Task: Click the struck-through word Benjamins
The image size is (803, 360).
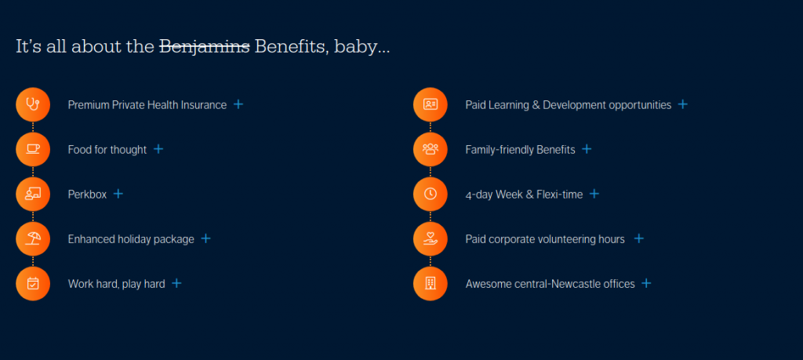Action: (x=205, y=46)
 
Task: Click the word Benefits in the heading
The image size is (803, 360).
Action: (x=290, y=46)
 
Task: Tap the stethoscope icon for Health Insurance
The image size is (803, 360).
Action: (x=33, y=104)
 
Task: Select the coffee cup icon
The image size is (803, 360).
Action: (x=33, y=149)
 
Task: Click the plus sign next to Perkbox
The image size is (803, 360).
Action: (x=118, y=194)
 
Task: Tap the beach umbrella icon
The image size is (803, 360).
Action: (x=33, y=238)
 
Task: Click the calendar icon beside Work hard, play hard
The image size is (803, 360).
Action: (x=33, y=284)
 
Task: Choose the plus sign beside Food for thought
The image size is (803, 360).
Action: (x=158, y=149)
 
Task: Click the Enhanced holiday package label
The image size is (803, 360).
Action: (x=131, y=239)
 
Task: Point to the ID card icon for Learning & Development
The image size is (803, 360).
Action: (x=431, y=104)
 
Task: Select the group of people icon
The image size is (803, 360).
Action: (x=431, y=149)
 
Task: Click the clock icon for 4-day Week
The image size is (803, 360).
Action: (x=431, y=194)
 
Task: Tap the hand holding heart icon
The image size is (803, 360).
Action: (x=431, y=238)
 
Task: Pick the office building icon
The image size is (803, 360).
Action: (x=431, y=284)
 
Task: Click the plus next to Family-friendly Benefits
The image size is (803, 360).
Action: (x=587, y=149)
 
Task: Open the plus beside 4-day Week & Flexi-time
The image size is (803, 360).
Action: (x=594, y=194)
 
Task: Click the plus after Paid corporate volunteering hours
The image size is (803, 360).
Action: (x=638, y=238)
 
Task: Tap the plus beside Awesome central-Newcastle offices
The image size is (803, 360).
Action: (x=647, y=284)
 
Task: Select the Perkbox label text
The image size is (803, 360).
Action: (x=88, y=195)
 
